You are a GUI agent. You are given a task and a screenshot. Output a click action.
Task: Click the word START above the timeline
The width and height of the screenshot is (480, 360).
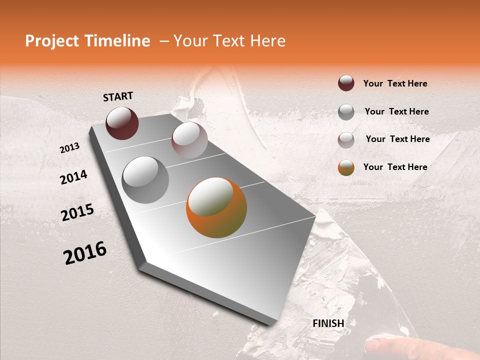click(118, 96)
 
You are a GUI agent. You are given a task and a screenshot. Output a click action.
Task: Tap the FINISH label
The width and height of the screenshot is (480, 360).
click(328, 323)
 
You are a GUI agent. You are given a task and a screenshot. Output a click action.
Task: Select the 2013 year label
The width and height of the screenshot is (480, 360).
click(69, 148)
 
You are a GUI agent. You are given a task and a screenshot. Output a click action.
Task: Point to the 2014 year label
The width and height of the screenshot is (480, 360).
click(73, 177)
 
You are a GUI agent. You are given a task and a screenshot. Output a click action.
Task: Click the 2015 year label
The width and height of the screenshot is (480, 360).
click(77, 212)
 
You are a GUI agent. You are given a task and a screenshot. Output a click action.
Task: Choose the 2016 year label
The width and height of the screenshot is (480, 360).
click(85, 253)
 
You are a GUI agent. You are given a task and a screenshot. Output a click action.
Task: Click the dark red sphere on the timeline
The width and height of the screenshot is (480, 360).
click(122, 123)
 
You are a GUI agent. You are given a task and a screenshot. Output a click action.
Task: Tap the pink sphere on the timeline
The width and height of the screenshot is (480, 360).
click(189, 140)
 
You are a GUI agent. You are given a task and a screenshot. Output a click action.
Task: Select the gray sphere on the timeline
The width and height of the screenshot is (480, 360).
click(145, 179)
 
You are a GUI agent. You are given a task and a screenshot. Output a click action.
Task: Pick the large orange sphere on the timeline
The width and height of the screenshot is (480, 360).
click(216, 207)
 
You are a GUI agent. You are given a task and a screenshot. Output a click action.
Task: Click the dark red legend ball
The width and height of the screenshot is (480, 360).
click(346, 83)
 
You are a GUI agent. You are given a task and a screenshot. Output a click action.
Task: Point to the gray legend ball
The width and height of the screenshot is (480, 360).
click(346, 112)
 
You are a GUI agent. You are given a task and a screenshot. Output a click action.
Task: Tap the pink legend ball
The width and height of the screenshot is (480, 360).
click(346, 140)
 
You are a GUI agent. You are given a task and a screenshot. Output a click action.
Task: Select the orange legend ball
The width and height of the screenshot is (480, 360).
click(346, 167)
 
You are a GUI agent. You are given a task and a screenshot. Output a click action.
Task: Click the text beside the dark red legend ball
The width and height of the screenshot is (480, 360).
click(395, 83)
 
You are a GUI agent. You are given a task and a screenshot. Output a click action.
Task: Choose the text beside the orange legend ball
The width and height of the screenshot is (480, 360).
click(395, 167)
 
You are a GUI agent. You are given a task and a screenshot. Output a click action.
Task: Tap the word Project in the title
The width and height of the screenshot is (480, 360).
click(52, 41)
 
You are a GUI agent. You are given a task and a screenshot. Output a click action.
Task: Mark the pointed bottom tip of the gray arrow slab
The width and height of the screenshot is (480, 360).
click(270, 325)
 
